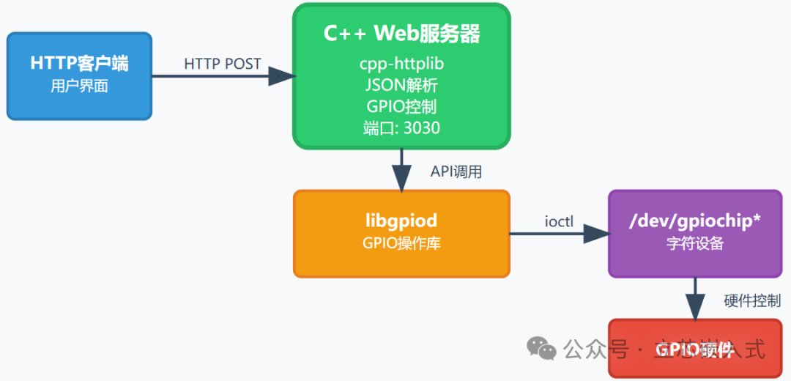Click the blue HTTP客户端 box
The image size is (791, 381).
tap(79, 75)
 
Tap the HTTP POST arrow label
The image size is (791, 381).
tap(223, 64)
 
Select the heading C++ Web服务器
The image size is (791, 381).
tap(401, 34)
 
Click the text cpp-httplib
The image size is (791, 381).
tap(401, 64)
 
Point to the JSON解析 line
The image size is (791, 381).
tap(401, 85)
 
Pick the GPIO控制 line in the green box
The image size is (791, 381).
tap(401, 106)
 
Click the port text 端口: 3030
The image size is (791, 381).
tap(401, 128)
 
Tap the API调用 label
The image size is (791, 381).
tap(456, 173)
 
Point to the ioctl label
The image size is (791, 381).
tap(559, 221)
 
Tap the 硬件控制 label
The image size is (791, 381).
tap(751, 300)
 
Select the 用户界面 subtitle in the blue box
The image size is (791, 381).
tap(79, 86)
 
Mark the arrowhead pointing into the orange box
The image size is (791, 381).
tap(401, 178)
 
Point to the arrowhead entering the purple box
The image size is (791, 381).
tap(596, 234)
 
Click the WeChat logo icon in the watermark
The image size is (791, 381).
tap(543, 349)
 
